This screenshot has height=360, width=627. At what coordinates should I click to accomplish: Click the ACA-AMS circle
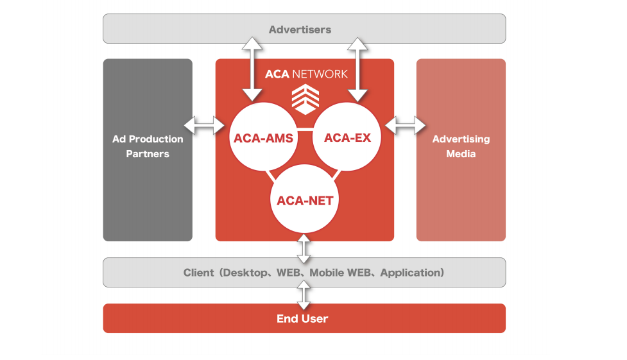264,137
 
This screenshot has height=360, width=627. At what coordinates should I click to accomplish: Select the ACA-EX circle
347,137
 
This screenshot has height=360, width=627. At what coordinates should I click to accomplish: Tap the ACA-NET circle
305,199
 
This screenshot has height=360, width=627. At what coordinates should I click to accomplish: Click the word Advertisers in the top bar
300,30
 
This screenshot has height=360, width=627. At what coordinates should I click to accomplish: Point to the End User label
302,318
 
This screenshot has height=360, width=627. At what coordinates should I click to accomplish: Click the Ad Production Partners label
148,146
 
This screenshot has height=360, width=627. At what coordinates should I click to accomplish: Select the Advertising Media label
461,146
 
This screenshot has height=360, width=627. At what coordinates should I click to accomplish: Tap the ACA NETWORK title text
306,74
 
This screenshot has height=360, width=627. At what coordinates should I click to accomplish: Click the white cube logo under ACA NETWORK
305,99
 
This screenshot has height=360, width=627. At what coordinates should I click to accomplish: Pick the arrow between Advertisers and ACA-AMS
252,69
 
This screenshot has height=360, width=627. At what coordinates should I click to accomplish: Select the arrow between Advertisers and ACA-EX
357,69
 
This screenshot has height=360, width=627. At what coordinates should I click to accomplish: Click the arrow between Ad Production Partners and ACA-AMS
204,125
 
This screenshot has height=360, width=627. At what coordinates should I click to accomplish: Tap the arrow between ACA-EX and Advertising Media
406,125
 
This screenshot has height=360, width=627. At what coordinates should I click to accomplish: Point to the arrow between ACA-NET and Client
304,248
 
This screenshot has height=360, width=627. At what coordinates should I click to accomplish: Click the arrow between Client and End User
304,295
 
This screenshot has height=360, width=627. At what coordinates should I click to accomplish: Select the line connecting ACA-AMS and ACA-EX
305,129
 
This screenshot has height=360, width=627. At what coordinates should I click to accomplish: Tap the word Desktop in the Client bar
245,273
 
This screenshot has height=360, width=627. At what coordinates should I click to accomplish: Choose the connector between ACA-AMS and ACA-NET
271,176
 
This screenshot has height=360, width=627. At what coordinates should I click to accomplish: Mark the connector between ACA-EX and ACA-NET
336,175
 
